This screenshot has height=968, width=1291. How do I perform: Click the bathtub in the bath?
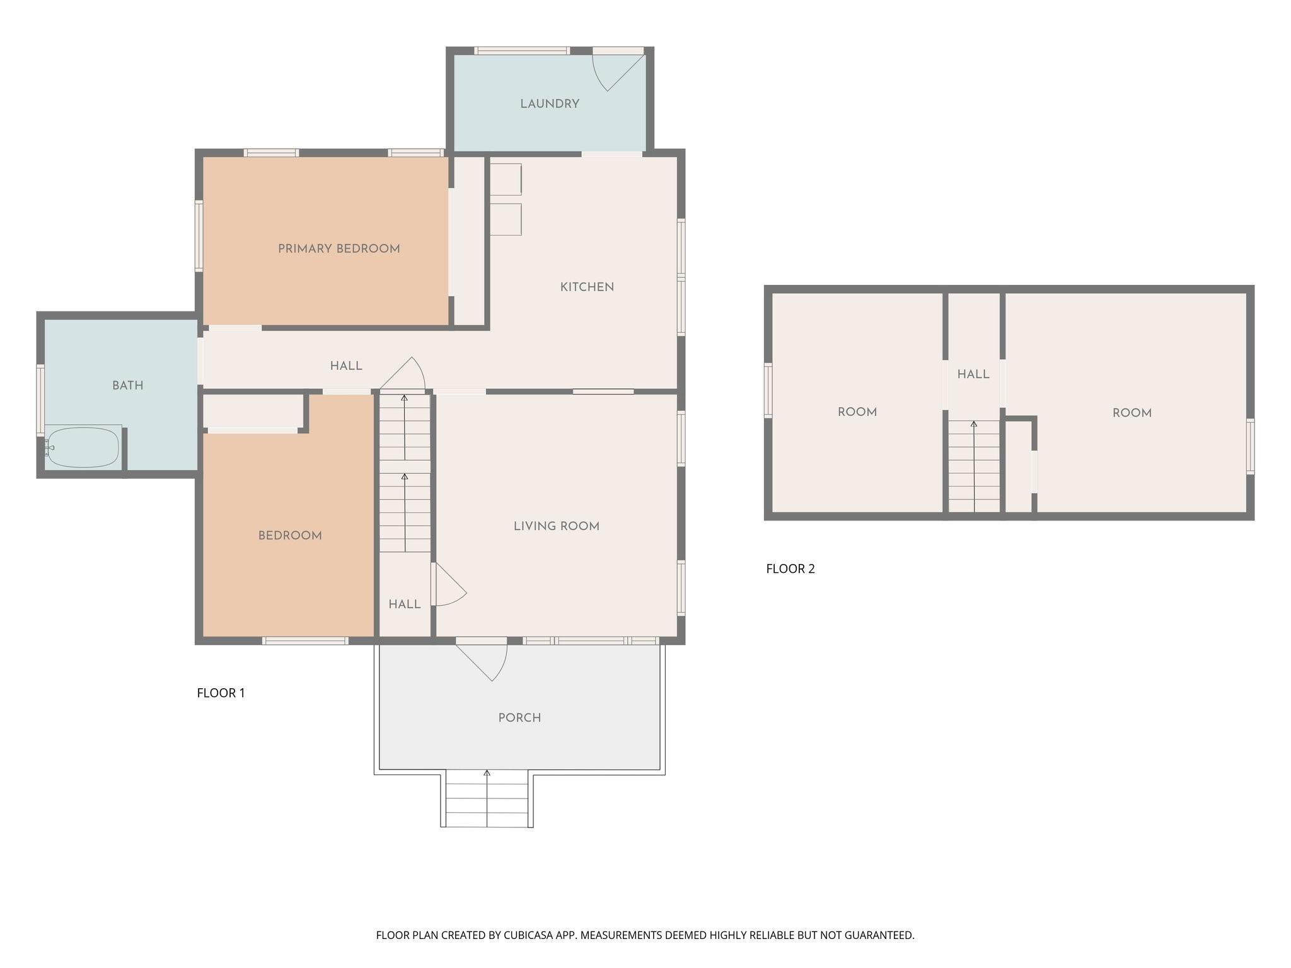(83, 447)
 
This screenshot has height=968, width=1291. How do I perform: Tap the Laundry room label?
(550, 104)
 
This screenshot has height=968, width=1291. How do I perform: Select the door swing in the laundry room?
(618, 72)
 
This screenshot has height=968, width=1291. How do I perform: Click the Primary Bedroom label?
(339, 249)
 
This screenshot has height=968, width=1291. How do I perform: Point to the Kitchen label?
(587, 287)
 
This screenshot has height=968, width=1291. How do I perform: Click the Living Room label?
(557, 526)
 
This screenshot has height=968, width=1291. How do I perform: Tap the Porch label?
(519, 718)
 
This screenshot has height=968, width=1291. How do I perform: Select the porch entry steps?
(487, 798)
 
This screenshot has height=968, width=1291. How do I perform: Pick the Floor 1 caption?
(221, 693)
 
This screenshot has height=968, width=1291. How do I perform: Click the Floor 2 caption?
(790, 569)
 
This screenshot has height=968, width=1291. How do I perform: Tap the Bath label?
(128, 386)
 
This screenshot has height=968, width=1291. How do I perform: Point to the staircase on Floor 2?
(974, 466)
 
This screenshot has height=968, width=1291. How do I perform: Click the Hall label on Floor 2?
(973, 374)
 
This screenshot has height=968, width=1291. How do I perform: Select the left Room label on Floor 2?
(857, 412)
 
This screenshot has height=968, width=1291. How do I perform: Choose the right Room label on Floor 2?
(1132, 413)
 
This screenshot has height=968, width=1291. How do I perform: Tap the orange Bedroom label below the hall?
(290, 536)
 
